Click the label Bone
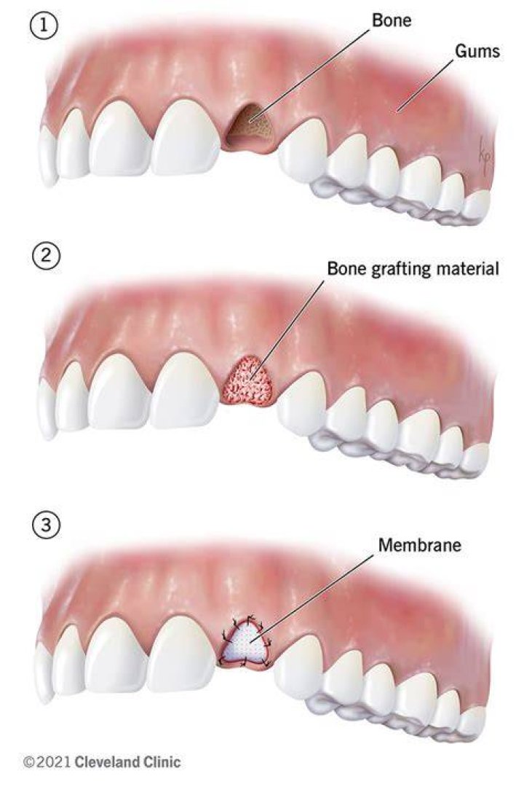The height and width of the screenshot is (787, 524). [x=392, y=20]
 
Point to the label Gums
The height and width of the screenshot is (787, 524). [x=477, y=51]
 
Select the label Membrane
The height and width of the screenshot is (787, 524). [x=419, y=544]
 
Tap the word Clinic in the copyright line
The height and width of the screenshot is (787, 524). [x=162, y=762]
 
